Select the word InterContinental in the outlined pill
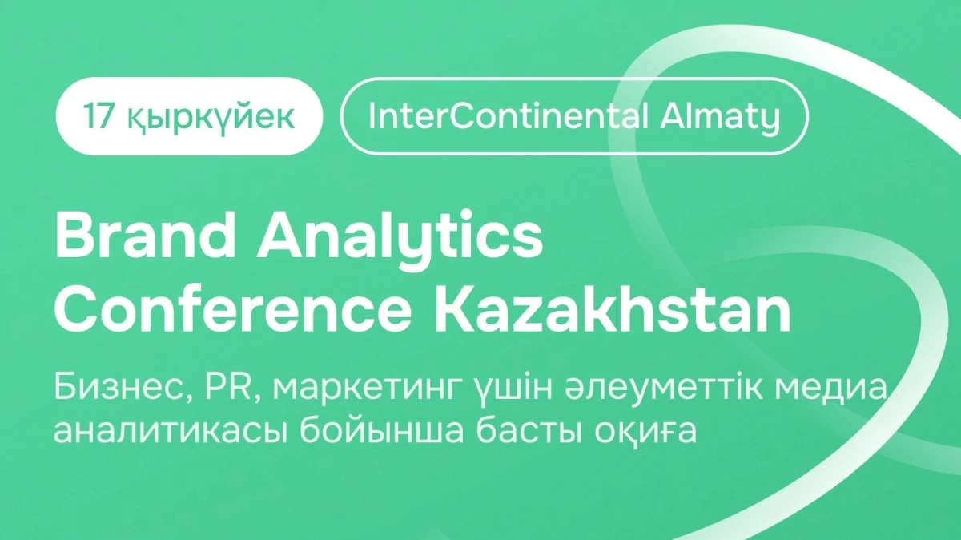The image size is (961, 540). pyautogui.click(x=508, y=116)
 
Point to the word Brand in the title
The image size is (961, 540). pyautogui.click(x=146, y=235)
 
